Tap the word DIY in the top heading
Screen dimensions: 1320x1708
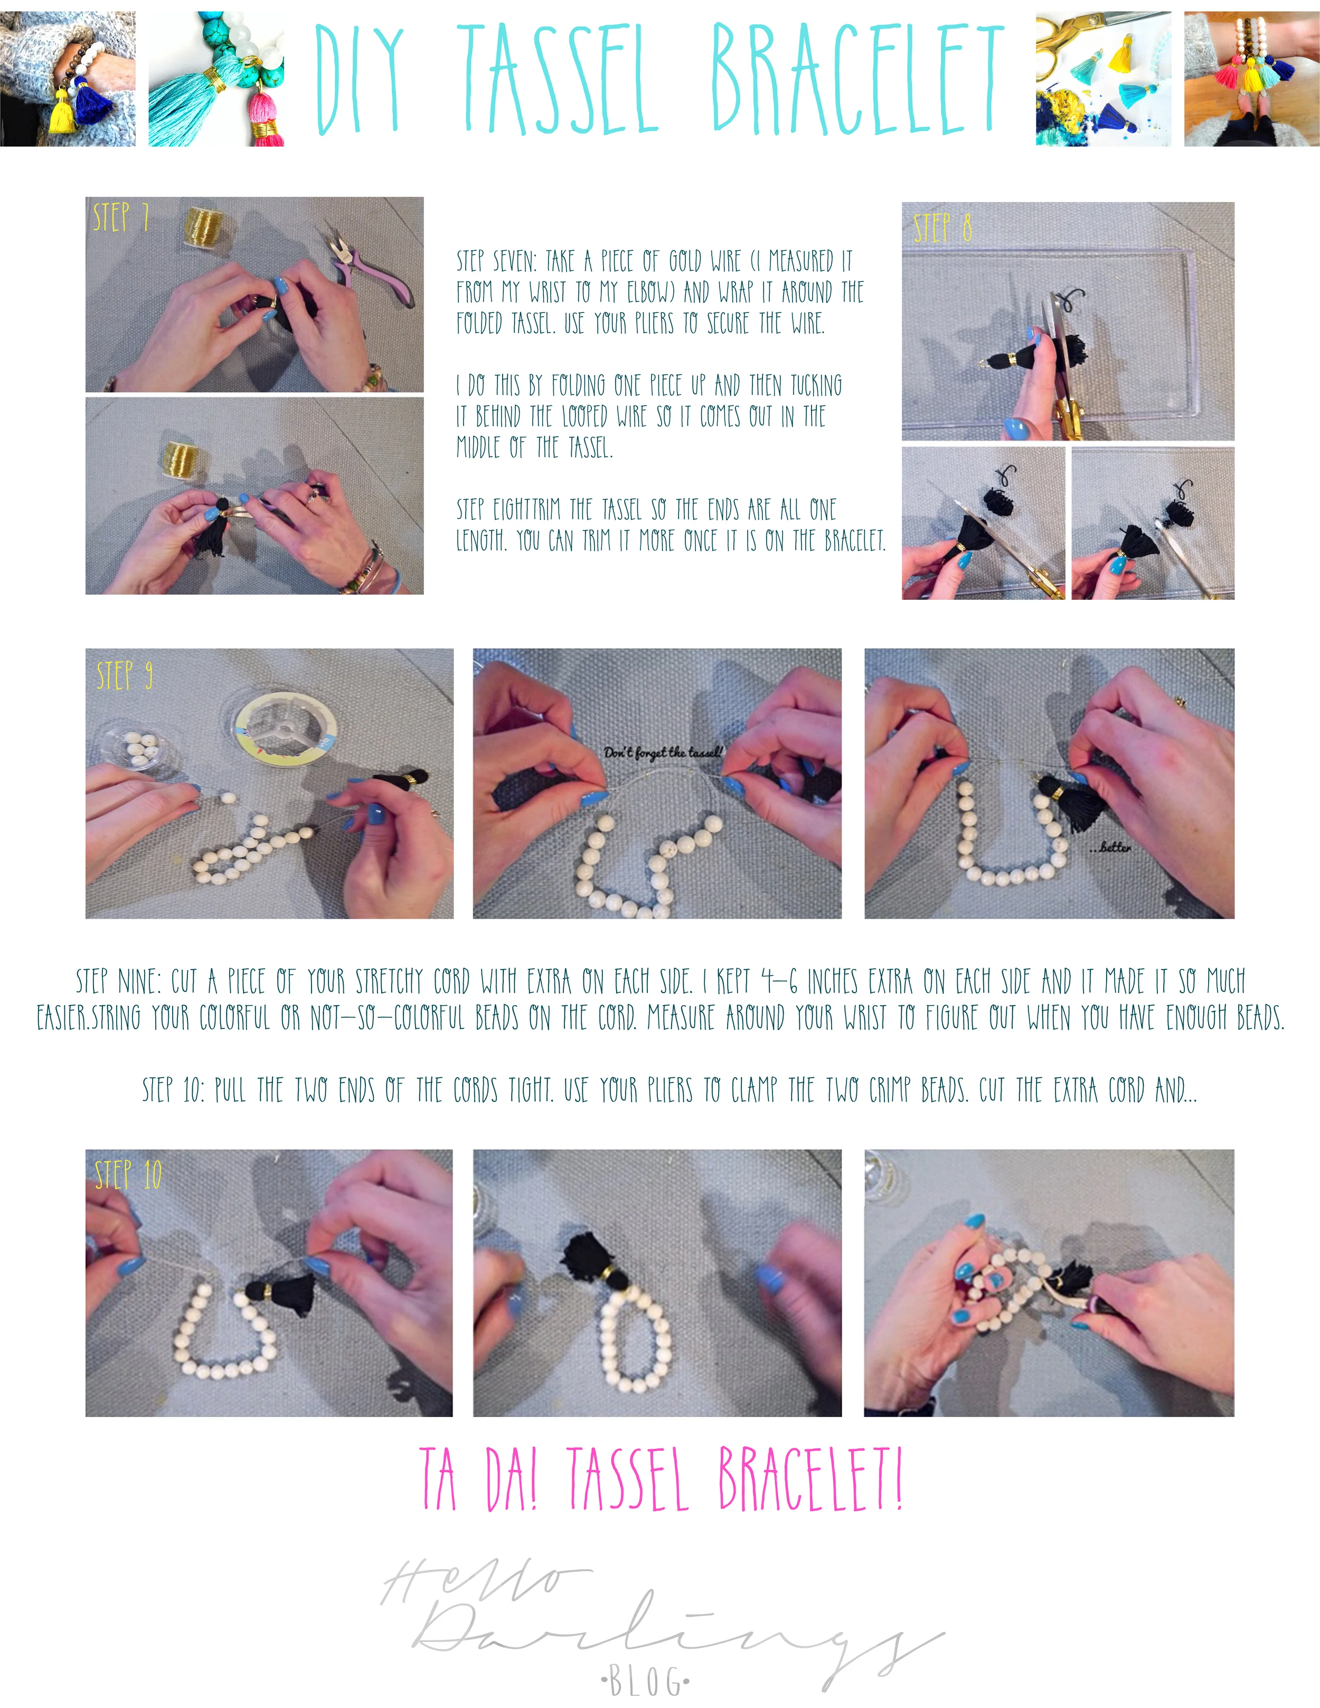pyautogui.click(x=360, y=78)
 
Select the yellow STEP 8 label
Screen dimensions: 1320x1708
pyautogui.click(x=943, y=227)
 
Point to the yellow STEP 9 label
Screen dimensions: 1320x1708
pyautogui.click(x=124, y=675)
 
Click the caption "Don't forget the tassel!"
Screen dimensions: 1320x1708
pyautogui.click(x=664, y=752)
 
